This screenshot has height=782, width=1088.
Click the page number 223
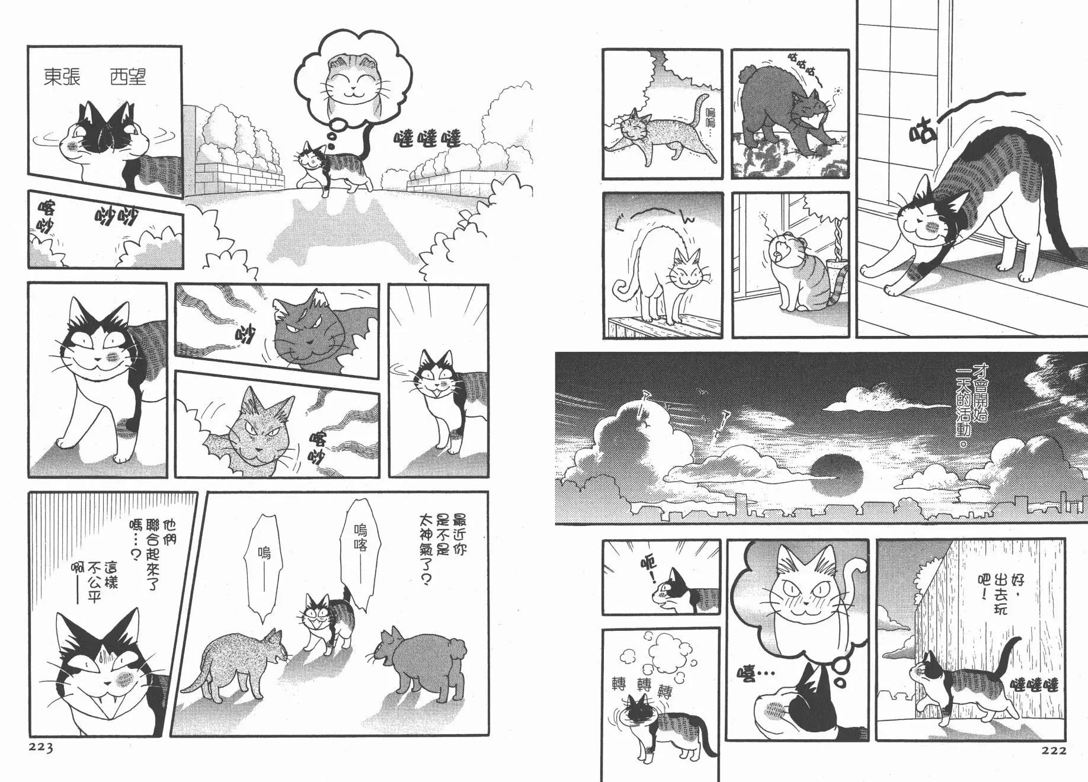point(41,748)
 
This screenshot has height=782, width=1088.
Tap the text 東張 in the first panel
point(62,77)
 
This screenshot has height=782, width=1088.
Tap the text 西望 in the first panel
point(128,77)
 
